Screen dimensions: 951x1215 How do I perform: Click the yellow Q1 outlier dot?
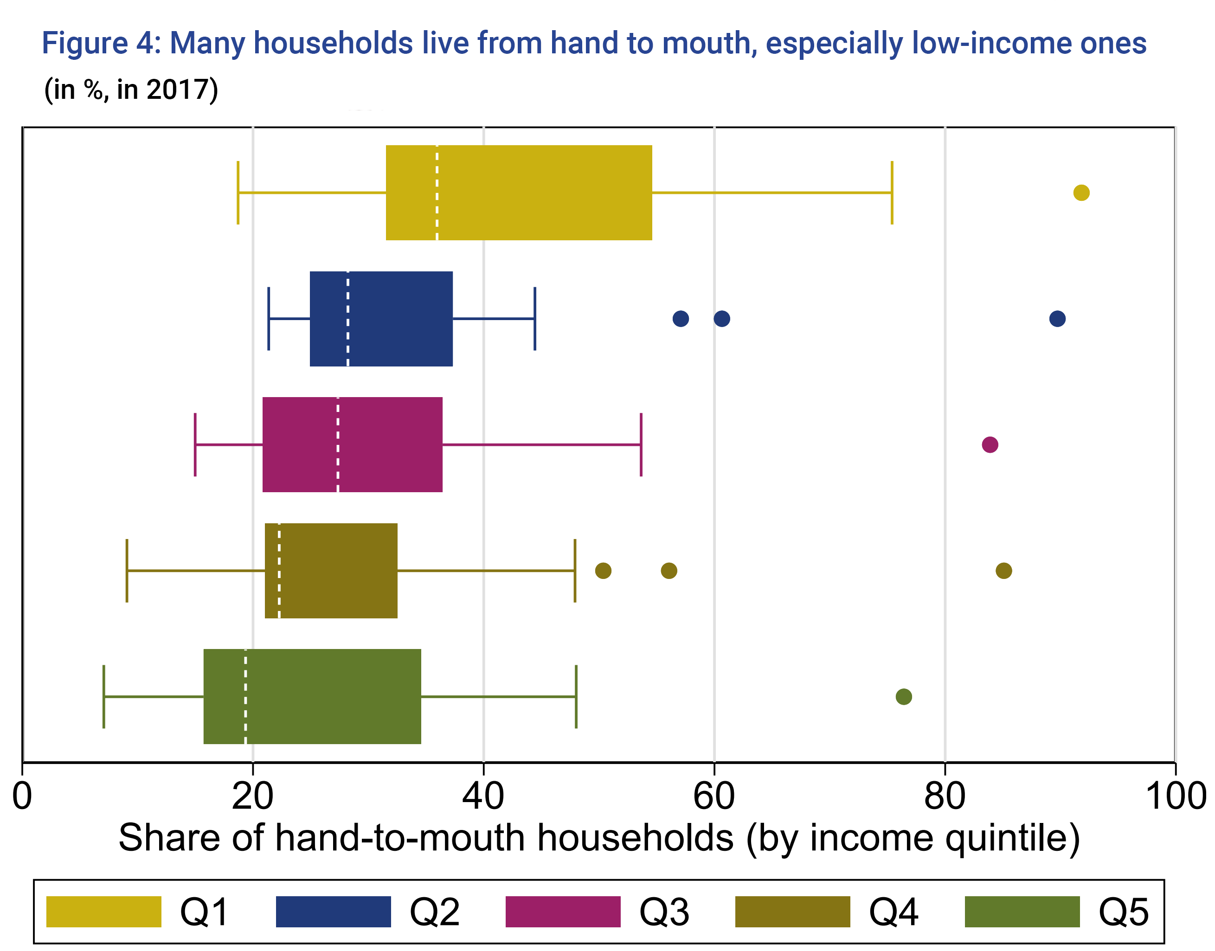click(x=1081, y=193)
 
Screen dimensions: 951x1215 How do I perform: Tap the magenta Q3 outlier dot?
click(x=990, y=445)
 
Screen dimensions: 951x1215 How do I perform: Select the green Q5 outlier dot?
click(x=903, y=696)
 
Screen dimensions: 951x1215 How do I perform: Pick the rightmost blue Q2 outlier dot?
click(x=1057, y=319)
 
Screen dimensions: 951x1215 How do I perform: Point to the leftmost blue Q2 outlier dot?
click(x=681, y=319)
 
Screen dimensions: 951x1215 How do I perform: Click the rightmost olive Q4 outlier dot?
click(x=1003, y=571)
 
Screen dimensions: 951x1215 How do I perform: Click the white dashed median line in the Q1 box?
click(x=437, y=193)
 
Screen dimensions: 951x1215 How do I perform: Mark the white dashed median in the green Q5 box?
click(x=245, y=696)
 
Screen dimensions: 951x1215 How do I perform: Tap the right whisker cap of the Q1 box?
click(x=892, y=193)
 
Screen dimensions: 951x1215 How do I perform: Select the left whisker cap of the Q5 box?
click(x=104, y=696)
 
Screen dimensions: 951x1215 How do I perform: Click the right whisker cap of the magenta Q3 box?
click(x=641, y=445)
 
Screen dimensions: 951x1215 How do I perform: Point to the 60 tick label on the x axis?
click(x=714, y=796)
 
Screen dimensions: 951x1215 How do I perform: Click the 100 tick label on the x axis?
click(x=1175, y=796)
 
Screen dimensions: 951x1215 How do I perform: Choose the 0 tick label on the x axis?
click(x=22, y=796)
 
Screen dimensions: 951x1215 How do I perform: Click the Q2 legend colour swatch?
click(x=333, y=912)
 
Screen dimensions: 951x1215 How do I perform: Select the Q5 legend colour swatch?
click(x=1022, y=912)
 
